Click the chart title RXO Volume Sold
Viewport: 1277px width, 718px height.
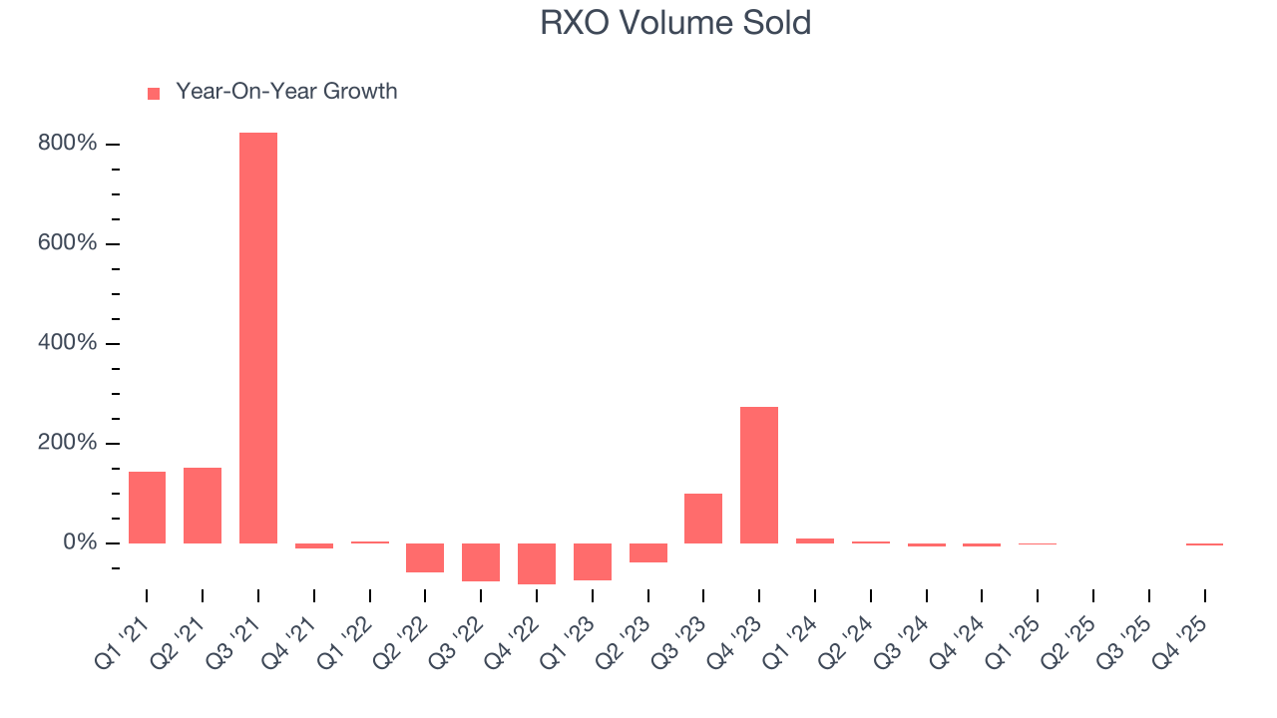(675, 23)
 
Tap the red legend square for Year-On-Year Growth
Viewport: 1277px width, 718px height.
(154, 93)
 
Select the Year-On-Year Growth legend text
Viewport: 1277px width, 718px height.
(286, 92)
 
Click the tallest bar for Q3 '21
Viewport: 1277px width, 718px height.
(258, 338)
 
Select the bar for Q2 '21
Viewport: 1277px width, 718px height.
(203, 506)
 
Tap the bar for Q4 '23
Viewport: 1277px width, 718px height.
(759, 475)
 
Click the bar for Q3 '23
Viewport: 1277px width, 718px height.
(703, 519)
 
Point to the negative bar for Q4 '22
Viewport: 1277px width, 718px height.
(537, 563)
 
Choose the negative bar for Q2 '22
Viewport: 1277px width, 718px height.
(425, 557)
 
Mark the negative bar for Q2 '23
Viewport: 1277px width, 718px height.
(648, 552)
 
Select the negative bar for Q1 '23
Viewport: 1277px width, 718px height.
(593, 561)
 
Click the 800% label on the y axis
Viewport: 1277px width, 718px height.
(68, 145)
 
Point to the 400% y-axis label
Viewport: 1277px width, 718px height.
(68, 344)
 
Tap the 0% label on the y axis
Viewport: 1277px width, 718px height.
(79, 543)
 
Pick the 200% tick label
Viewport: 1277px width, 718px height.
(68, 444)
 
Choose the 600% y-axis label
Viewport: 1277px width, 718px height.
(68, 244)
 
